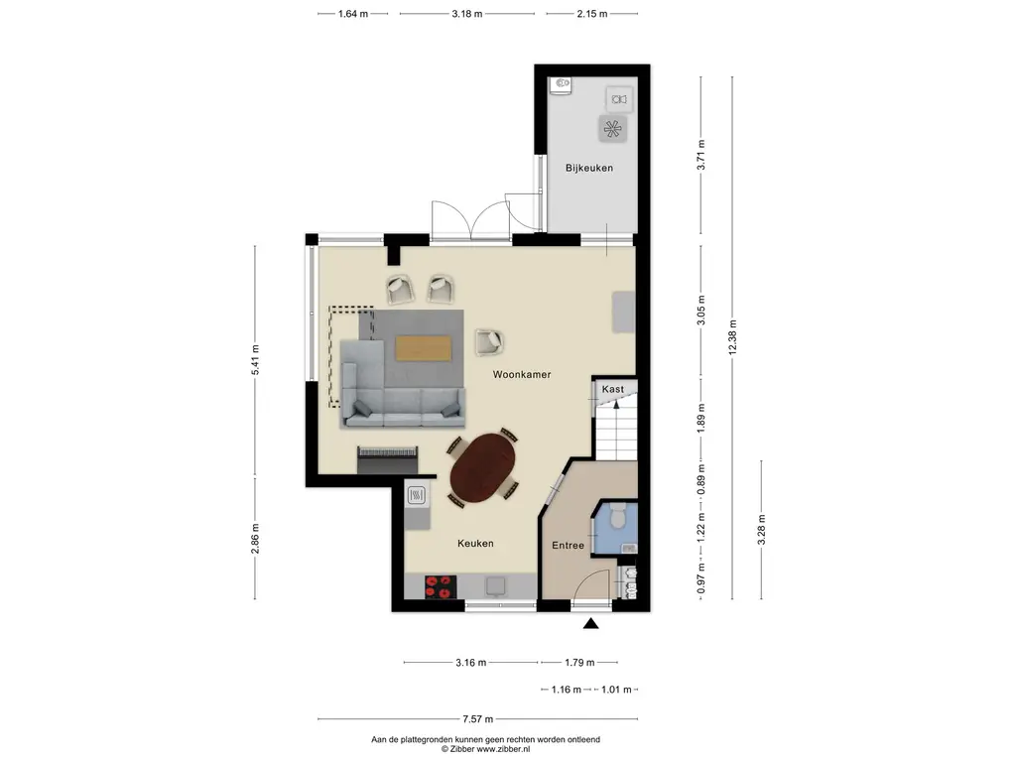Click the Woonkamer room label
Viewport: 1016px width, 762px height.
(x=522, y=374)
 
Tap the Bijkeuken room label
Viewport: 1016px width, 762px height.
(x=589, y=168)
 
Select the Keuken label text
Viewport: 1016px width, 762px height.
(x=475, y=544)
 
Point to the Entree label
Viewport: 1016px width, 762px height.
(x=568, y=546)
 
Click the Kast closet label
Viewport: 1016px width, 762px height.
(x=613, y=389)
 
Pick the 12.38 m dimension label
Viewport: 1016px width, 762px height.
(x=733, y=337)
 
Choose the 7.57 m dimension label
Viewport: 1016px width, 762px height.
(x=477, y=718)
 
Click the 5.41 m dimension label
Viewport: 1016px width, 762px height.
(x=255, y=359)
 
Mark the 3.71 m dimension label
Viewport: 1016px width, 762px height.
(x=700, y=156)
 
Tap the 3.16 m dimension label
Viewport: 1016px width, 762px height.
(x=470, y=662)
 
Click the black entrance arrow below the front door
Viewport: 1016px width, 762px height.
(x=590, y=623)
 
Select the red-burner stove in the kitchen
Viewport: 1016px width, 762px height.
(x=440, y=587)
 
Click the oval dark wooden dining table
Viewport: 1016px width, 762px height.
(x=483, y=467)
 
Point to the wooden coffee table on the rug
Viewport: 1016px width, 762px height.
(x=423, y=347)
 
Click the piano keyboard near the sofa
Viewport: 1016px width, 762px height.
(x=387, y=458)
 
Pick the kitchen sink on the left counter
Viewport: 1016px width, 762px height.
(x=416, y=496)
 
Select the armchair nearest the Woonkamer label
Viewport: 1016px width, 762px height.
(x=489, y=342)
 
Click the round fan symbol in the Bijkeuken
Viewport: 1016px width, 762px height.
(x=612, y=129)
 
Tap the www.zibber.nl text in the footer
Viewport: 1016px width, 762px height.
(x=503, y=749)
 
